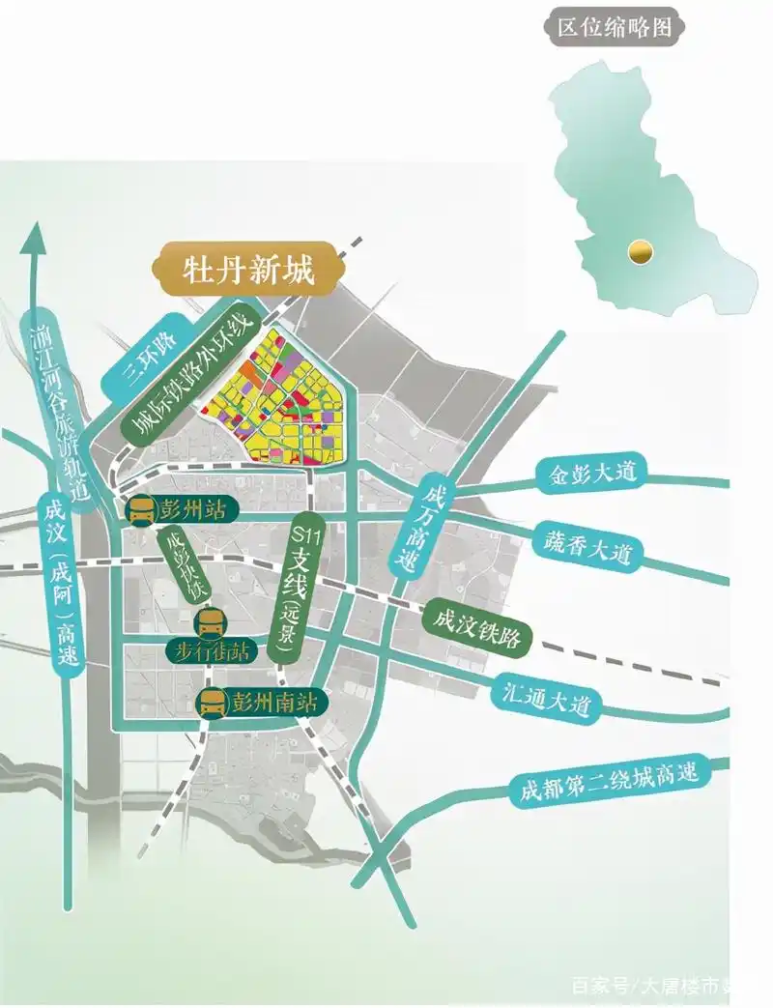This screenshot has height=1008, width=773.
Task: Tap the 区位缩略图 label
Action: coord(614,28)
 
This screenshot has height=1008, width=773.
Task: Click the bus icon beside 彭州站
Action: coord(141,509)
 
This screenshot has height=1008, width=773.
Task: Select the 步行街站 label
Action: coord(213,650)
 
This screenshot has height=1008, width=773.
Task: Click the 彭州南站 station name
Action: coord(273,703)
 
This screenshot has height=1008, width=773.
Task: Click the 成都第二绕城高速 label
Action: coord(610,781)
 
